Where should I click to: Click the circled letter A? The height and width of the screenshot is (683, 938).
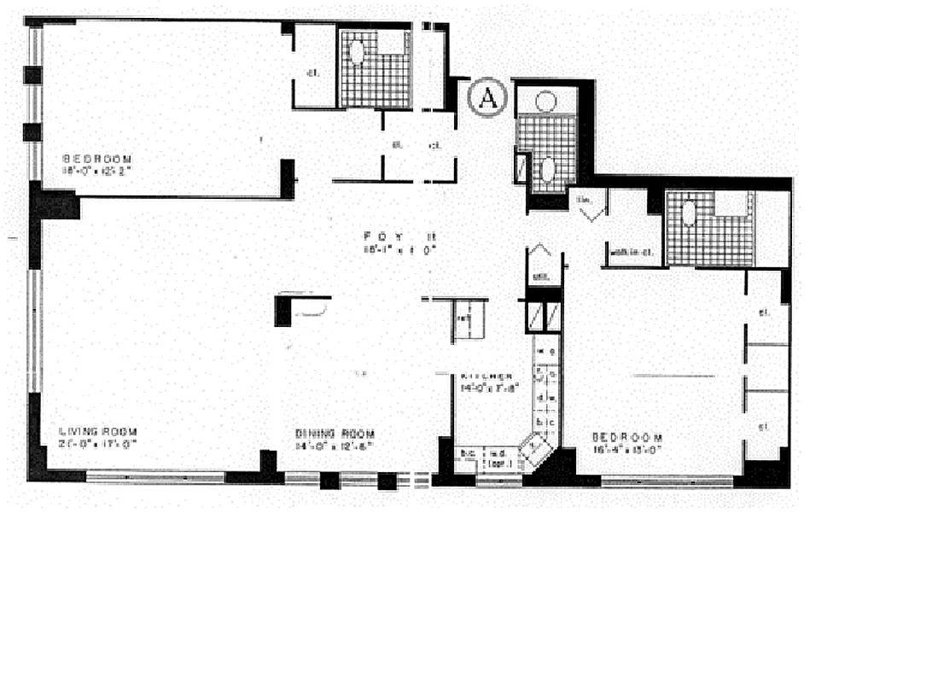pyautogui.click(x=488, y=97)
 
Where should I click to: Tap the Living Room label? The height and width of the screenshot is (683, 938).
pyautogui.click(x=99, y=431)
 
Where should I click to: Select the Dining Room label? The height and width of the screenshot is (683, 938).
pyautogui.click(x=334, y=432)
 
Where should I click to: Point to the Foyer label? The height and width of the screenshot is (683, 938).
pyautogui.click(x=389, y=236)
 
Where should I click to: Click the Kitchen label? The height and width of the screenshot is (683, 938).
pyautogui.click(x=486, y=377)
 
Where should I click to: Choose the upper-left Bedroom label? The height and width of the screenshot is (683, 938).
pyautogui.click(x=98, y=159)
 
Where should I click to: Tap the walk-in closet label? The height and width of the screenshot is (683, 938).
pyautogui.click(x=632, y=251)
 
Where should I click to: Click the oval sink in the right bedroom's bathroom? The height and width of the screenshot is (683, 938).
pyautogui.click(x=689, y=213)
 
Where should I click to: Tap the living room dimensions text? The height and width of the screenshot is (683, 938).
pyautogui.click(x=98, y=444)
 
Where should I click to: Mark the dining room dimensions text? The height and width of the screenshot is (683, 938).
pyautogui.click(x=334, y=445)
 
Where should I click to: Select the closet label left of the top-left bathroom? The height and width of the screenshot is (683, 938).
pyautogui.click(x=312, y=73)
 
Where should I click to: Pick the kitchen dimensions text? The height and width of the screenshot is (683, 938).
pyautogui.click(x=486, y=388)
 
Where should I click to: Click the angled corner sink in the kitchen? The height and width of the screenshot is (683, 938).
pyautogui.click(x=535, y=446)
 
